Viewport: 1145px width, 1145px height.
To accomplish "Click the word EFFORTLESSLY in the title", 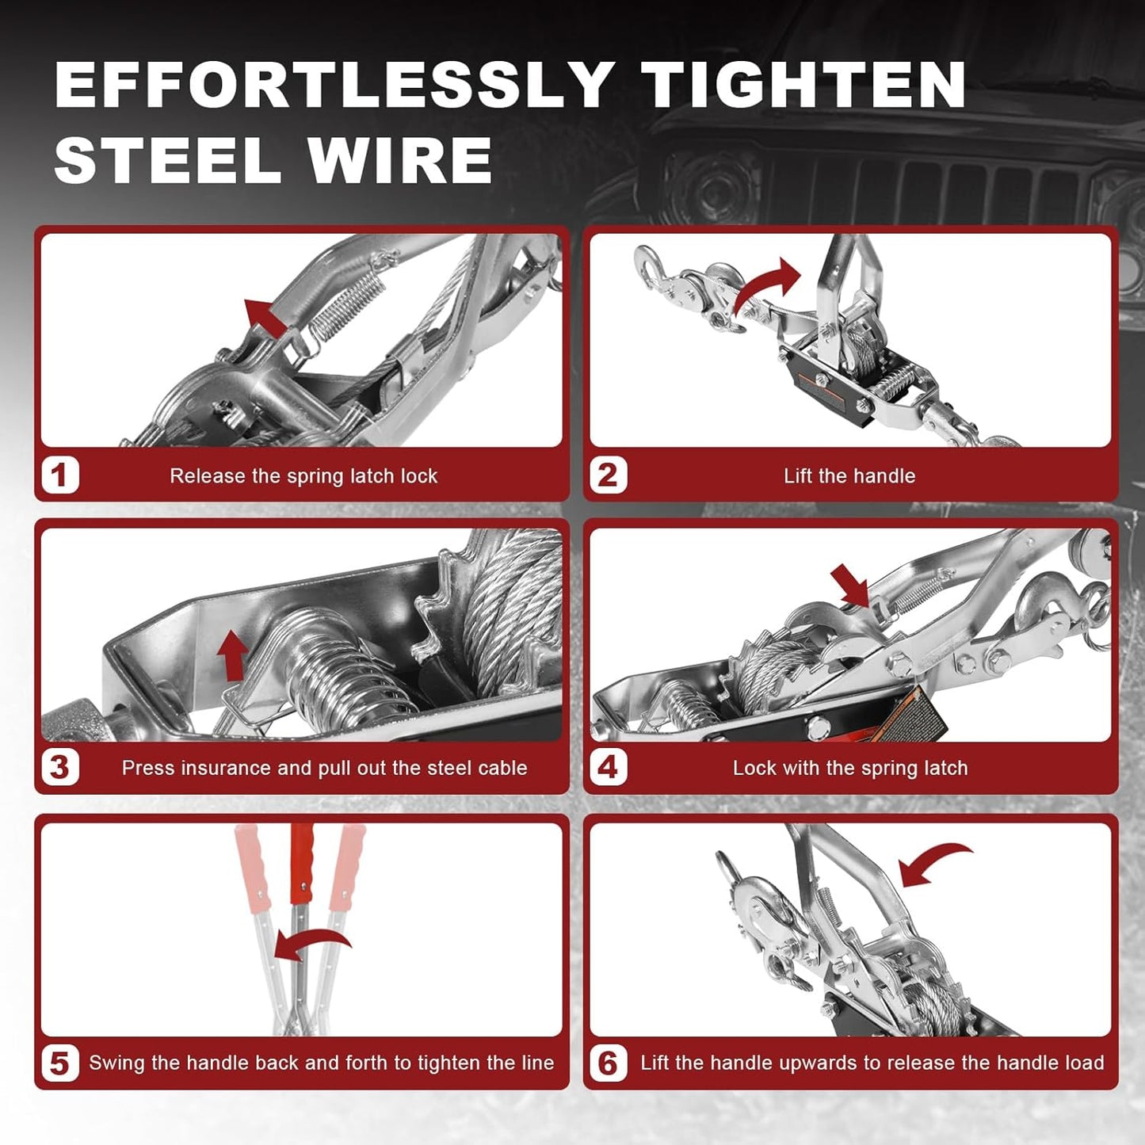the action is [x=333, y=85].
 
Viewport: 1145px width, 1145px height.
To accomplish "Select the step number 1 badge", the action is [x=60, y=475].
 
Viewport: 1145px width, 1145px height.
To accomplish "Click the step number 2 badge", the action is [x=608, y=475].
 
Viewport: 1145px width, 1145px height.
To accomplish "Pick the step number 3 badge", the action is [x=60, y=767].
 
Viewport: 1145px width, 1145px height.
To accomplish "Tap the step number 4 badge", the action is [x=608, y=767].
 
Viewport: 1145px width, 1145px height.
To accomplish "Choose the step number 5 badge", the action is [x=60, y=1063].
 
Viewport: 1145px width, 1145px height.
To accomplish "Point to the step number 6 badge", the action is [x=608, y=1063].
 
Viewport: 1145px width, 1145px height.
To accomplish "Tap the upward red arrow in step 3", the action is [x=232, y=655].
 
